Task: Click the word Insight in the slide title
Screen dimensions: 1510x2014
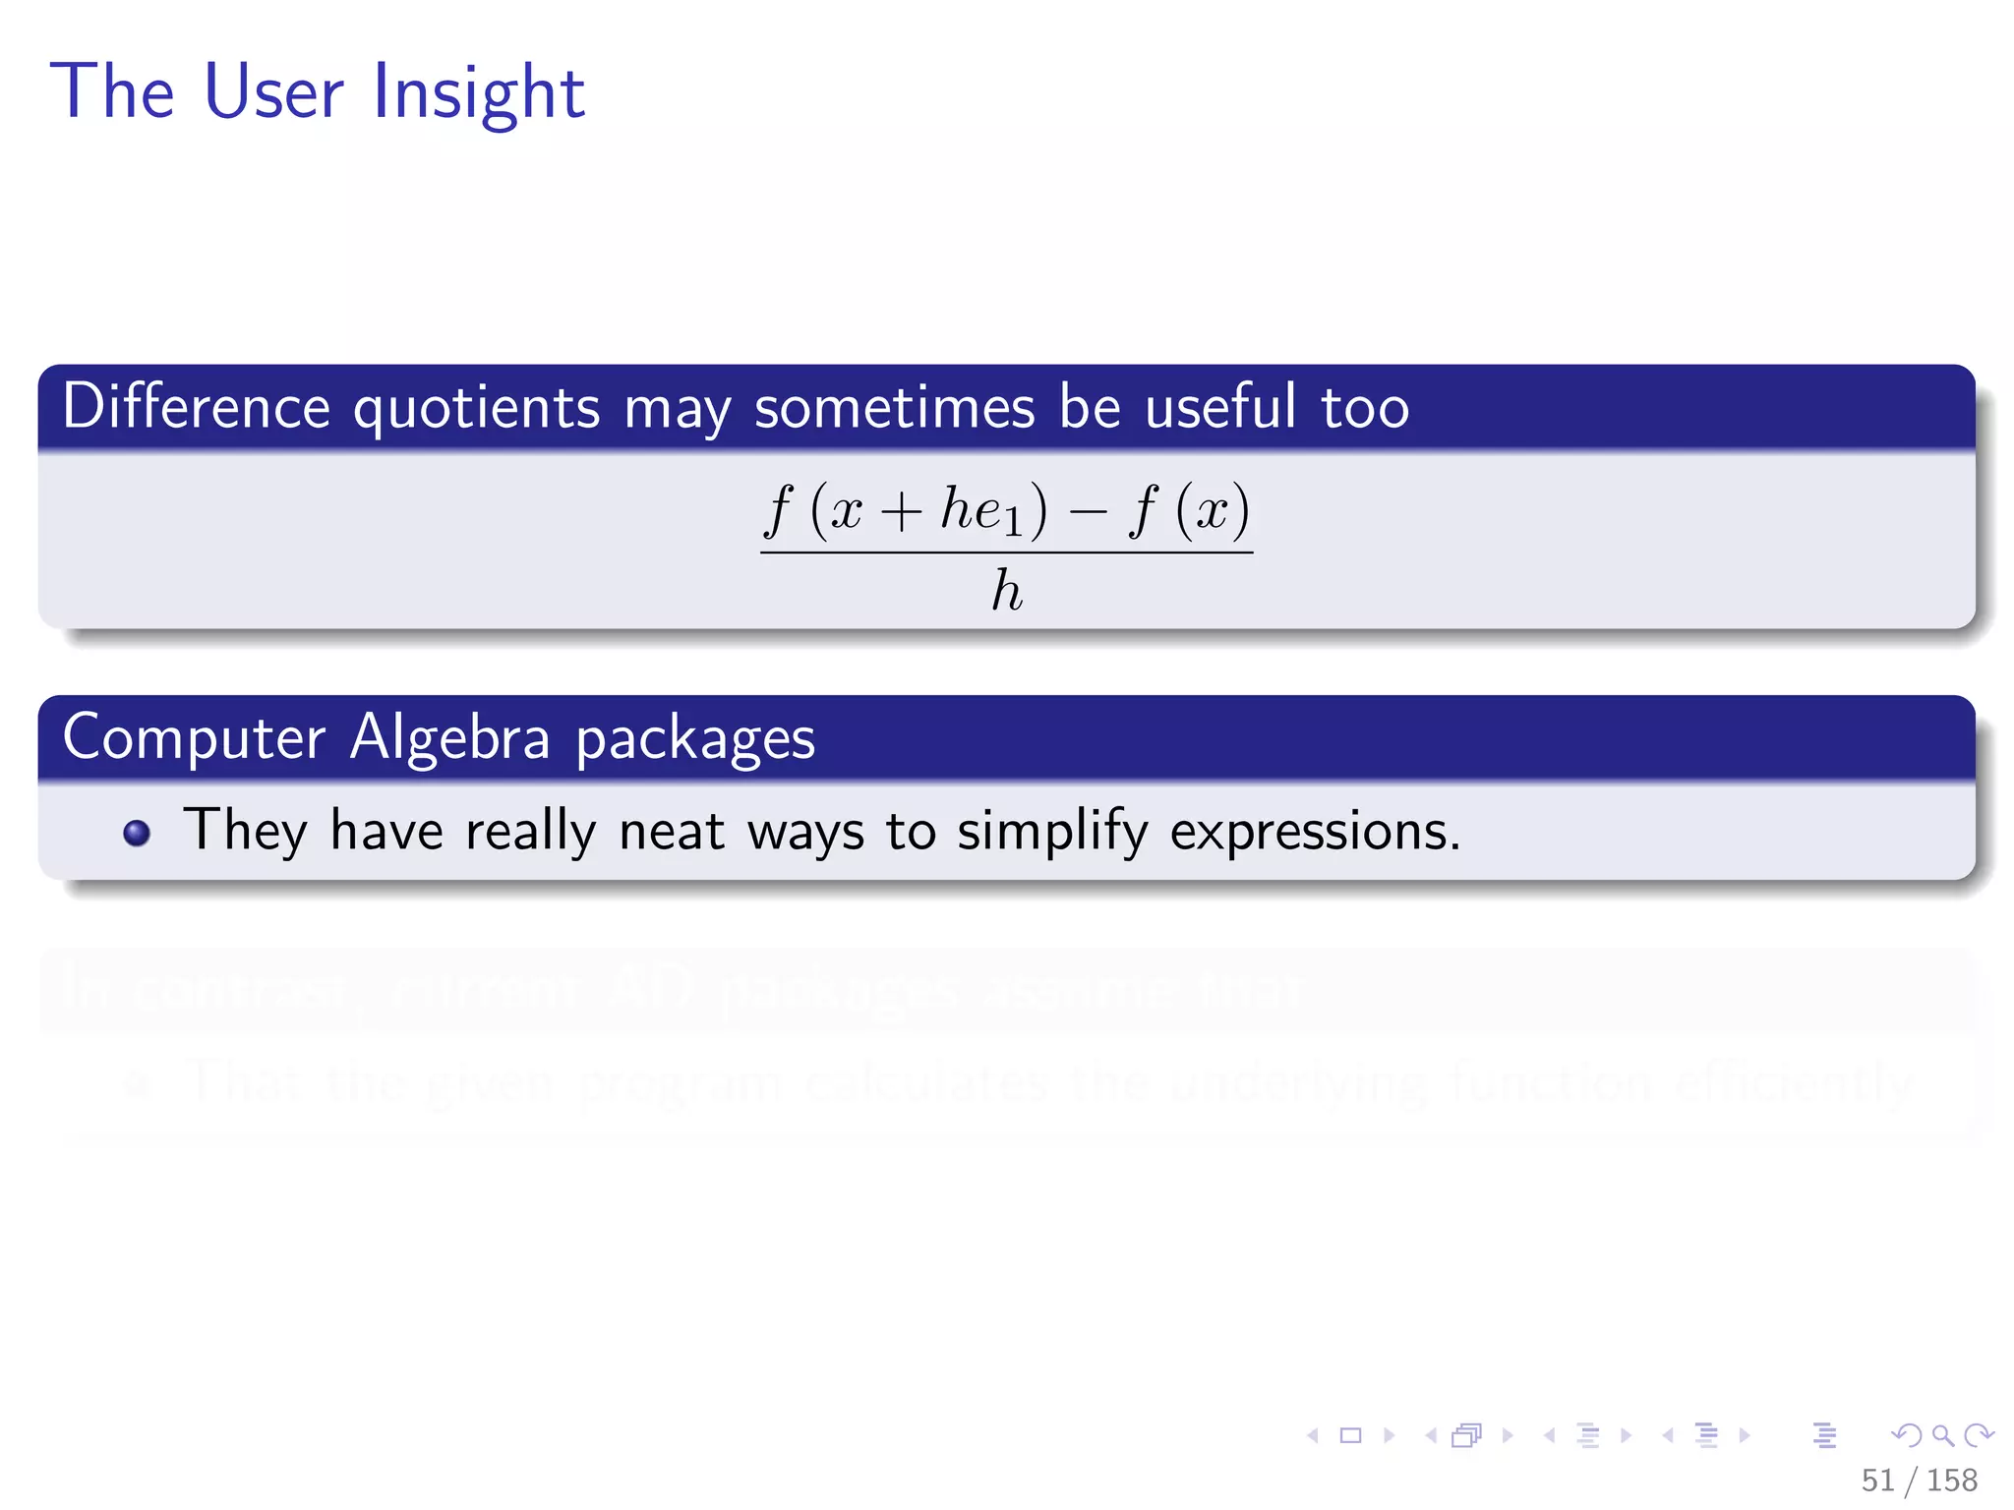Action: pyautogui.click(x=479, y=92)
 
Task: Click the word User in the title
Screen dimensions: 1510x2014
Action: pyautogui.click(x=273, y=92)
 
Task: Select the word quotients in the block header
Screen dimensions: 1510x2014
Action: pyautogui.click(x=476, y=408)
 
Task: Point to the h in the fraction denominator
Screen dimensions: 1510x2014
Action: pyautogui.click(x=1007, y=591)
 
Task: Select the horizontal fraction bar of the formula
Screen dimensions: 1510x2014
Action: pyautogui.click(x=1006, y=552)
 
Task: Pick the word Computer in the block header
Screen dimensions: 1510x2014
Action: pyautogui.click(x=194, y=738)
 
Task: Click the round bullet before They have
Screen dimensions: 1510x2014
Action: pyautogui.click(x=137, y=833)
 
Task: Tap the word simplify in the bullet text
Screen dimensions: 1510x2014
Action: pyautogui.click(x=1051, y=832)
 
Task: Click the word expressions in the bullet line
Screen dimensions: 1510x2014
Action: pyautogui.click(x=1314, y=832)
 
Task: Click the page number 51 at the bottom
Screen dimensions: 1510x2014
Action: pyautogui.click(x=1877, y=1481)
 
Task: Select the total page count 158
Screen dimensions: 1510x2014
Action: pyautogui.click(x=1952, y=1481)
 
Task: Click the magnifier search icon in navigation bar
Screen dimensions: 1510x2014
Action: pyautogui.click(x=1942, y=1435)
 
